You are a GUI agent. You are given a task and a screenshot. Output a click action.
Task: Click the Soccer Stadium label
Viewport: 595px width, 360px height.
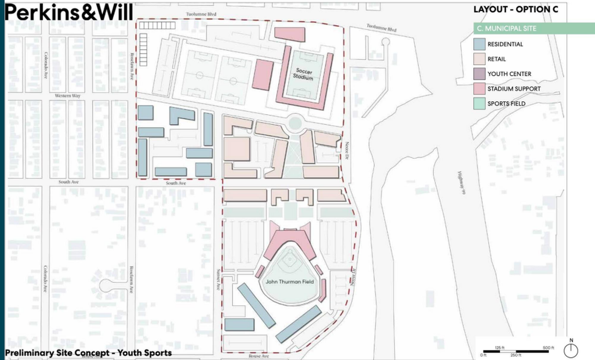pos(304,74)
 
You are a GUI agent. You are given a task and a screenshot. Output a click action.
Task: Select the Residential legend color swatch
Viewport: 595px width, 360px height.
pos(480,44)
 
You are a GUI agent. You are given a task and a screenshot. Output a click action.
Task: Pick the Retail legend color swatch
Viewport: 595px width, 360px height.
pos(480,59)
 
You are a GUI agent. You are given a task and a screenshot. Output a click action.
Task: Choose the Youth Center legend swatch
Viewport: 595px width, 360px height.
pos(480,74)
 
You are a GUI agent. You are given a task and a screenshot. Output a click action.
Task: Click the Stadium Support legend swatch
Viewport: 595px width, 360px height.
pos(480,89)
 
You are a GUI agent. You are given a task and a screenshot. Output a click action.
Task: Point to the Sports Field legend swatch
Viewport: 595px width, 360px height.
pos(480,103)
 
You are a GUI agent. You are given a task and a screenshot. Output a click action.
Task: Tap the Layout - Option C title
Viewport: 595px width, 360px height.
pos(511,9)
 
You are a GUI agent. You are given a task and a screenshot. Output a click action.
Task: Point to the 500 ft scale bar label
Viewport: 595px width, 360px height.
pos(548,347)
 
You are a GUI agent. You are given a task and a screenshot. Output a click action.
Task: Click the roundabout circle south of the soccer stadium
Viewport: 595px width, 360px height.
pos(295,124)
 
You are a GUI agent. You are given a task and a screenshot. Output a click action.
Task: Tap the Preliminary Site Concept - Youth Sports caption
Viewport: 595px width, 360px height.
pos(88,353)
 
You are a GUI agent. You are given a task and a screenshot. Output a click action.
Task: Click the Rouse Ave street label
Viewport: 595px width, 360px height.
pos(259,356)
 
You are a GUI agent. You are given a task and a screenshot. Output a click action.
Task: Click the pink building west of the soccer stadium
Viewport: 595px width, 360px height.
pos(263,75)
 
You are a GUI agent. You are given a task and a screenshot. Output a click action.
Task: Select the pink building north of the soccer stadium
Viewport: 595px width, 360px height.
pos(290,33)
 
